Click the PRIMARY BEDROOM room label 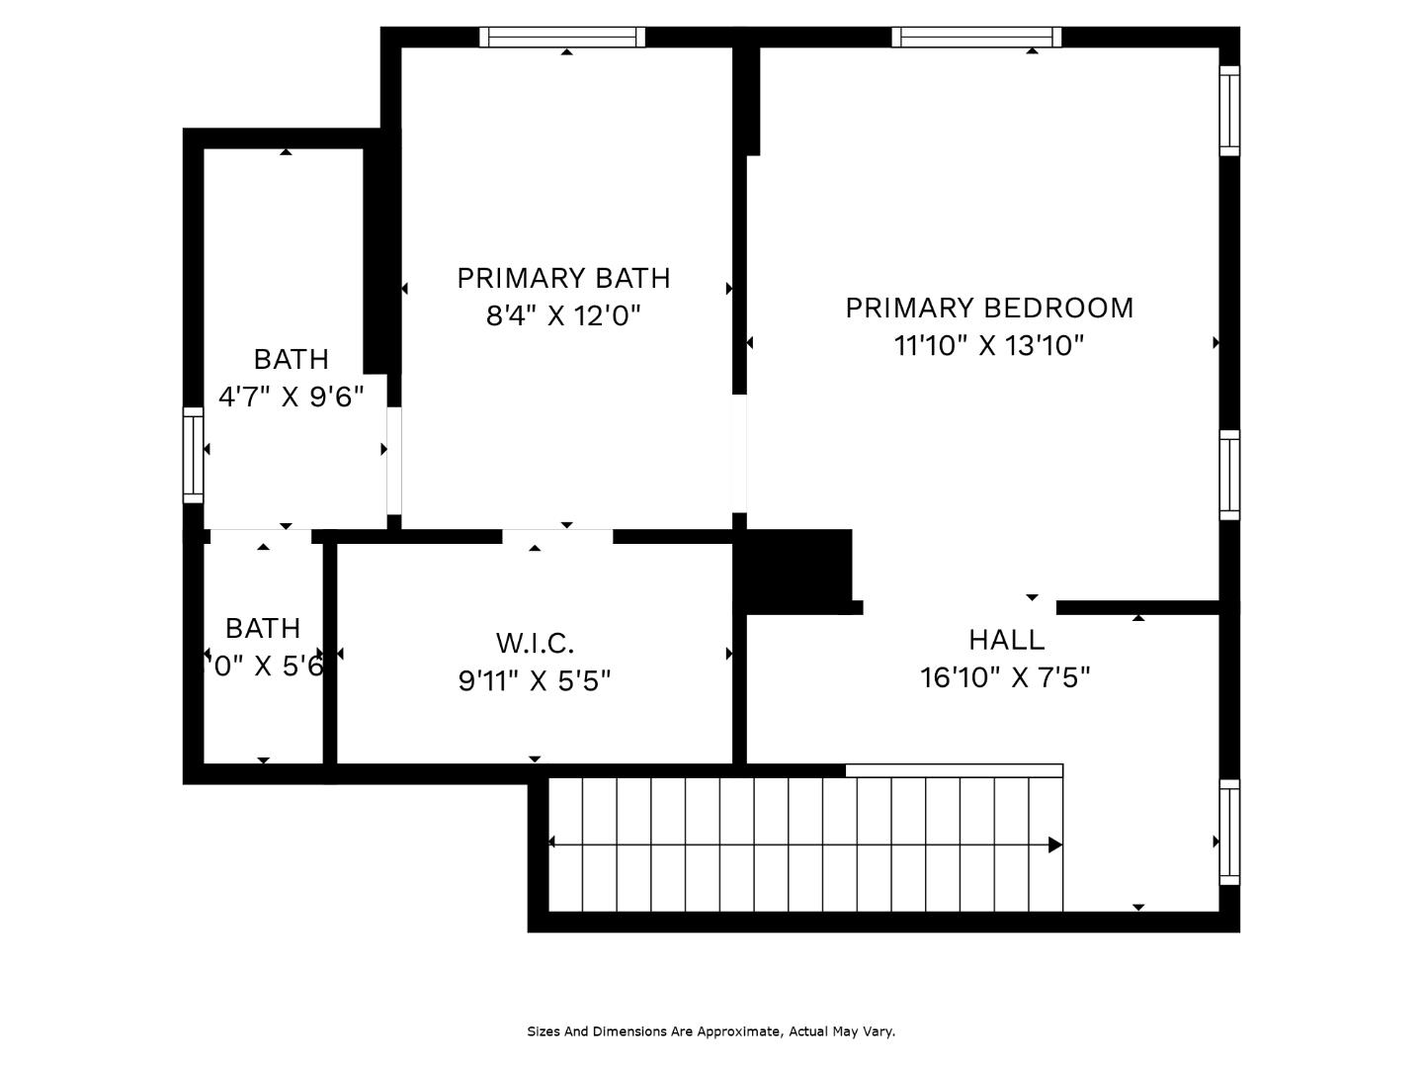click(988, 308)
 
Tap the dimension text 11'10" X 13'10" click(988, 346)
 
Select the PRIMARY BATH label click(563, 278)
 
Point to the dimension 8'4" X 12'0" click(563, 316)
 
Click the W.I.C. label click(535, 644)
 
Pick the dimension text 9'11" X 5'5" click(535, 681)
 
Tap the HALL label click(1006, 640)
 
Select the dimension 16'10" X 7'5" click(1005, 678)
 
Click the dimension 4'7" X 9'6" click(291, 397)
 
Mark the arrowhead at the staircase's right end click(1054, 845)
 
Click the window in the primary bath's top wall click(562, 38)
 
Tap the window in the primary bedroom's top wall click(976, 38)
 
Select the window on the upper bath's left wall click(193, 455)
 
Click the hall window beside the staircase click(1229, 832)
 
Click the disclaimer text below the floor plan click(711, 1031)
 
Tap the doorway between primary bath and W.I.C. click(557, 537)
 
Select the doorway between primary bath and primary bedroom click(738, 453)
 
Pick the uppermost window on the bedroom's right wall click(1229, 111)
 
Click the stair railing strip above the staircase click(954, 770)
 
